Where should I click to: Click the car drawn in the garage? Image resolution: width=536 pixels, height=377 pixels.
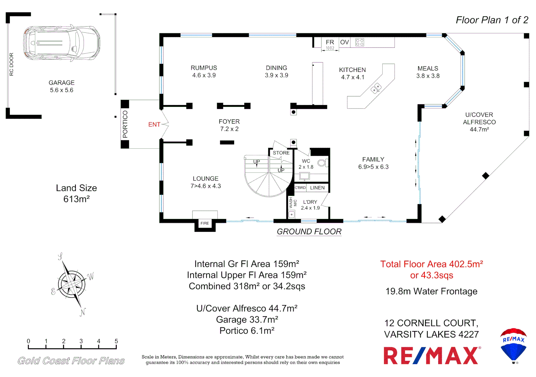click(62, 43)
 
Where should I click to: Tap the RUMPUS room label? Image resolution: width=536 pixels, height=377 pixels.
click(204, 68)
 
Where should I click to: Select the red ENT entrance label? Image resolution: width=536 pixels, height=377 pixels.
click(154, 125)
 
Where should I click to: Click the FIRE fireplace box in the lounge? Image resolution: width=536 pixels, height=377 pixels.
click(205, 223)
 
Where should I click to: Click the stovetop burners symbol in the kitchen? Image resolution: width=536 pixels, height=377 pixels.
click(360, 42)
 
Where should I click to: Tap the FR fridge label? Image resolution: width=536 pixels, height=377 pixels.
click(330, 42)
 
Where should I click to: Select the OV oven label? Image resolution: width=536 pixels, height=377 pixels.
click(345, 42)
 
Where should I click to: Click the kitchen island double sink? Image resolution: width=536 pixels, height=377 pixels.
click(376, 88)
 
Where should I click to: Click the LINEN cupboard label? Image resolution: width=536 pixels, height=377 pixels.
click(317, 188)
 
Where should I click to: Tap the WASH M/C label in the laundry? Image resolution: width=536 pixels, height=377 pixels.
click(293, 203)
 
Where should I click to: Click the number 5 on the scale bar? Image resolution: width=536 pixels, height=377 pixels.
click(116, 341)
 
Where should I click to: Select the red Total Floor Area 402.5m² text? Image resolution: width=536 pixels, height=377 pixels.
click(432, 264)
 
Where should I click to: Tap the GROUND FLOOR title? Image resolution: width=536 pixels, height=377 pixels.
click(309, 232)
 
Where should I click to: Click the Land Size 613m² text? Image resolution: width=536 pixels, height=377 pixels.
click(77, 193)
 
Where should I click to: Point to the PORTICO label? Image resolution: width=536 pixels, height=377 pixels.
click(125, 124)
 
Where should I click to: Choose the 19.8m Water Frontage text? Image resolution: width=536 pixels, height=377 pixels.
click(431, 291)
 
